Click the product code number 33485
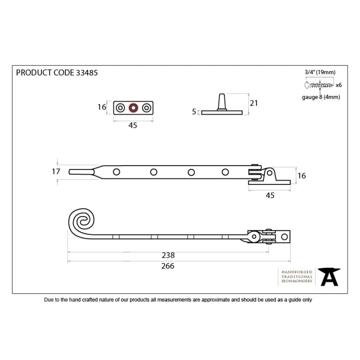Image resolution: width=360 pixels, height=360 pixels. click(x=87, y=73)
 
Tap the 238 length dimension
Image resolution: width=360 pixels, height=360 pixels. click(x=168, y=255)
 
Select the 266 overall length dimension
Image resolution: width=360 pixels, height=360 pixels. click(x=168, y=266)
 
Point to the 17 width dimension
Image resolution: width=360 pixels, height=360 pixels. click(x=56, y=172)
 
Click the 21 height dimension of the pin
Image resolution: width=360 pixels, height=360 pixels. click(x=254, y=103)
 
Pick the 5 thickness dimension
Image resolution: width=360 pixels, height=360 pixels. click(x=194, y=112)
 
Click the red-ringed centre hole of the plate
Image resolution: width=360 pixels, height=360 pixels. click(x=133, y=108)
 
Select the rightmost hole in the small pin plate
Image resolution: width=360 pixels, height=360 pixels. click(x=146, y=108)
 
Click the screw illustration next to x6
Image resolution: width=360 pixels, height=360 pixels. click(x=319, y=85)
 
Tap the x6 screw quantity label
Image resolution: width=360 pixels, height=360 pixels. click(x=339, y=85)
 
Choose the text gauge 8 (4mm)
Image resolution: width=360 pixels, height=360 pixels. click(x=321, y=97)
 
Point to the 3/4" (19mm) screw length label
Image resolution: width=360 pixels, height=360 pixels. click(x=320, y=72)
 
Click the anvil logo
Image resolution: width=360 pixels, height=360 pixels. click(x=329, y=277)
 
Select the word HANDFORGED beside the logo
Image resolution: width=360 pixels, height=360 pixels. click(x=297, y=272)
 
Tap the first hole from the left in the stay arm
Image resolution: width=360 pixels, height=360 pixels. click(x=116, y=172)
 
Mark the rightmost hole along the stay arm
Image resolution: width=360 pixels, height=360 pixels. click(x=225, y=172)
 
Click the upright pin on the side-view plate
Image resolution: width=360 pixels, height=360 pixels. click(x=222, y=102)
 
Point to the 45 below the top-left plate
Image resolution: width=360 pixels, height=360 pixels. click(x=133, y=125)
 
